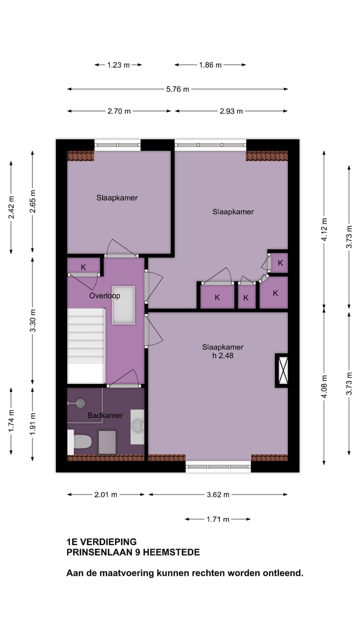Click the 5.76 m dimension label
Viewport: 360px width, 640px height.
point(177,89)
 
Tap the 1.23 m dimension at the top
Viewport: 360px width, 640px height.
point(118,65)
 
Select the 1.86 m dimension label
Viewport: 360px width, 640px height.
point(210,65)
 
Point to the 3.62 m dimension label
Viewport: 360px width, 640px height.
point(217,494)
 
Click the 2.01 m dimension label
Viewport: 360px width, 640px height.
point(105,494)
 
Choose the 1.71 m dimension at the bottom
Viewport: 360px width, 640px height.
point(217,519)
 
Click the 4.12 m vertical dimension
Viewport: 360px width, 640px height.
point(324,230)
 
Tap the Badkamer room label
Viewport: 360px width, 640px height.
point(105,415)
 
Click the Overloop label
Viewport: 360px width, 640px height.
point(104,295)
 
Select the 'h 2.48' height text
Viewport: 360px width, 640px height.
point(223,356)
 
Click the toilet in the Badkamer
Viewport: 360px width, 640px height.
point(82,441)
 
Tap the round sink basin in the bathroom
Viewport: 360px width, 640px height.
point(137,426)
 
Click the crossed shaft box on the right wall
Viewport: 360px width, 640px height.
point(282,370)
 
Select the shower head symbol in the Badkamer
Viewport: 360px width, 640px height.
point(80,403)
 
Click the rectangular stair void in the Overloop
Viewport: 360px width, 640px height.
point(123,305)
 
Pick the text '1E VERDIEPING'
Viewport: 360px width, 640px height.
point(101,541)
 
